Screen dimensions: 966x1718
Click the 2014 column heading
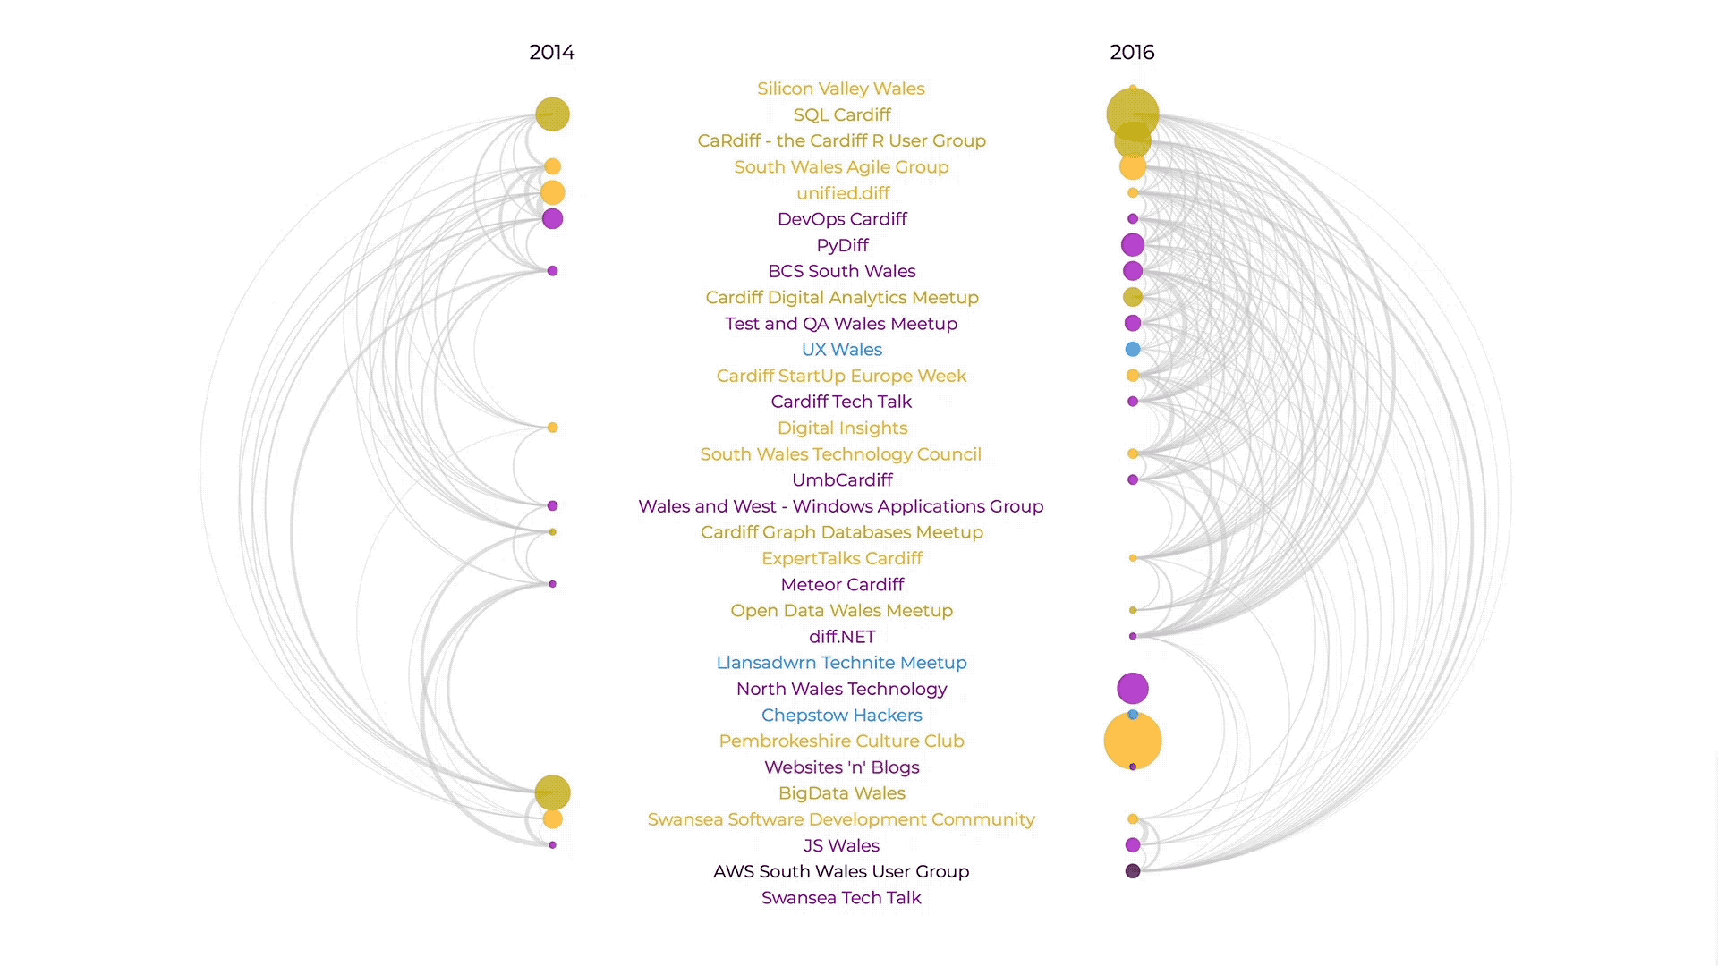[x=551, y=53]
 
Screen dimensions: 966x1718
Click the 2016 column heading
[x=1132, y=53]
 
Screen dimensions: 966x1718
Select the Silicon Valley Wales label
[x=840, y=89]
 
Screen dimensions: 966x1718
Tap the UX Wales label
[x=841, y=350]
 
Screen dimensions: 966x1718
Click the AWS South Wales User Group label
[x=840, y=871]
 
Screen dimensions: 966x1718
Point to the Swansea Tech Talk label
[x=840, y=898]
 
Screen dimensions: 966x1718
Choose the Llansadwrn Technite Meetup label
[x=840, y=663]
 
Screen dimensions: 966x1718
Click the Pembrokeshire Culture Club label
[x=840, y=741]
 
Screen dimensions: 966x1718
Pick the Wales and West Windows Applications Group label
[x=840, y=506]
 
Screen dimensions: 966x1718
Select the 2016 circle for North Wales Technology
[x=1132, y=688]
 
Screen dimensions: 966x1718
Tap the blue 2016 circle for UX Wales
[x=1132, y=349]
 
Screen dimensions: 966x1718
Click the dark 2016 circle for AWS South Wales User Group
[x=1132, y=871]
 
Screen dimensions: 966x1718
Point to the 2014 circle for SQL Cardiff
[x=552, y=114]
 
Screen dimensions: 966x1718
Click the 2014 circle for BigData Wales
[x=552, y=792]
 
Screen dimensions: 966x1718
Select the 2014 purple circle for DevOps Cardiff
[x=552, y=218]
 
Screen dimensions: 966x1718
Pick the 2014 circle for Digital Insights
[x=552, y=428]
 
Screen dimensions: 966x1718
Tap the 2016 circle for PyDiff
[x=1132, y=244]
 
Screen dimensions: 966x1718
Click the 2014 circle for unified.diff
[x=552, y=192]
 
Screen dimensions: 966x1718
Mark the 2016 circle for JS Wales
[x=1132, y=845]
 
